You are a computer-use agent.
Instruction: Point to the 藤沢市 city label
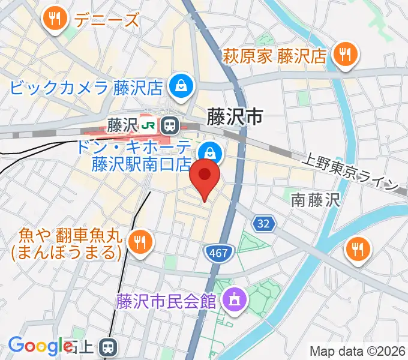235,117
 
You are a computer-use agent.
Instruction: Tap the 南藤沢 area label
316,200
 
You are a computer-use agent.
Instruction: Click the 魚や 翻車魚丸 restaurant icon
141,242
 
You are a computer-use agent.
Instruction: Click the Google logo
40,346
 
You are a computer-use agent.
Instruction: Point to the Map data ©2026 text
358,351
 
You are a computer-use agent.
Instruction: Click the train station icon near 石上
109,346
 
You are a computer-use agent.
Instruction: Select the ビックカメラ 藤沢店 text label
86,89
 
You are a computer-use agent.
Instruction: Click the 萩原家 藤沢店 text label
275,56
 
